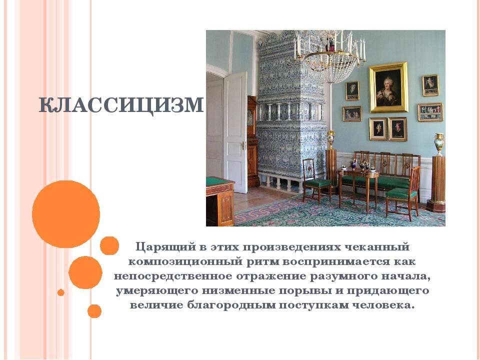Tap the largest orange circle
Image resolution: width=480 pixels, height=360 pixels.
(x=66, y=214)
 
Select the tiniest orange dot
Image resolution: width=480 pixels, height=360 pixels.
(x=60, y=292)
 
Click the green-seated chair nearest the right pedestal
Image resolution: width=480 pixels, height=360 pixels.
(x=402, y=194)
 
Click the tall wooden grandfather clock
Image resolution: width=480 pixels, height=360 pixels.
(x=253, y=141)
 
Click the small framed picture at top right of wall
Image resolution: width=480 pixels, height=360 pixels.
(x=430, y=85)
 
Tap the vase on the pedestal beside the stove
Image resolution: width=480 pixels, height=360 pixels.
(x=330, y=139)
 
